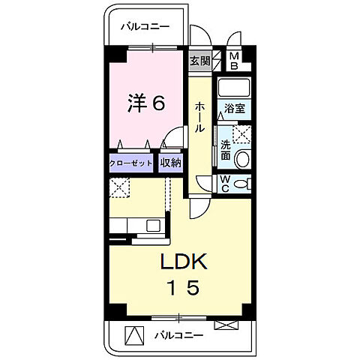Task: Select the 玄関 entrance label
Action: pos(199,61)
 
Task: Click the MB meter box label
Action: pos(235,61)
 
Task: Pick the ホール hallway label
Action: pos(199,118)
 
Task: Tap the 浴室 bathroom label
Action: pos(235,109)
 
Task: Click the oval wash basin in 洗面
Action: pos(242,158)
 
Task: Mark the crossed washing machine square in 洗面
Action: pos(241,133)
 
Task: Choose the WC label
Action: pos(224,184)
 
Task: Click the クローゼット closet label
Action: pos(131,163)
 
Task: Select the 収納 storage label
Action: pos(170,163)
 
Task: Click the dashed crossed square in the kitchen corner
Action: pos(121,187)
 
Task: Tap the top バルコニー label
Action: pos(145,27)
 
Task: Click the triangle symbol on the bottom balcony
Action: pos(133,334)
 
